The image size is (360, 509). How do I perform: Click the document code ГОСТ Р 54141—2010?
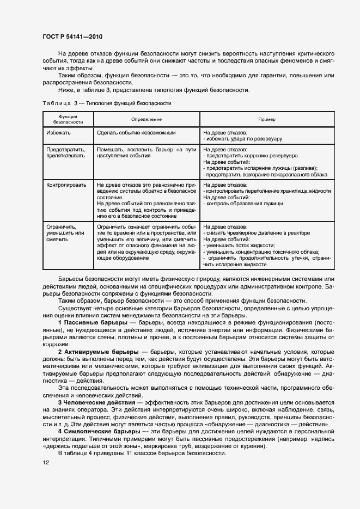[x=72, y=37]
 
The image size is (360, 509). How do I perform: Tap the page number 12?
[x=45, y=463]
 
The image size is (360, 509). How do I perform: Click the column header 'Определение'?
[x=146, y=119]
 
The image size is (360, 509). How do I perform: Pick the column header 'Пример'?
[x=267, y=119]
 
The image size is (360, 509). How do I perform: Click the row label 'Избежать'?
[x=59, y=132]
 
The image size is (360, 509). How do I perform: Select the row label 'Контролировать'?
[x=66, y=185]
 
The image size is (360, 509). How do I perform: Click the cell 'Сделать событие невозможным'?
[x=135, y=132]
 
